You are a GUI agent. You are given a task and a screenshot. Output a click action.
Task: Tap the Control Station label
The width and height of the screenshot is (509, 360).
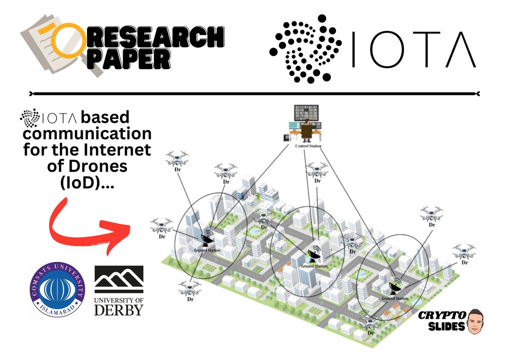click(308, 146)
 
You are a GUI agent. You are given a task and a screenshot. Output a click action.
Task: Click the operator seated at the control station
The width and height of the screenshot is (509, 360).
click(307, 130)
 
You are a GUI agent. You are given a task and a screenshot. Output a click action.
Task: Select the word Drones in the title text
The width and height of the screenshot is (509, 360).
click(103, 166)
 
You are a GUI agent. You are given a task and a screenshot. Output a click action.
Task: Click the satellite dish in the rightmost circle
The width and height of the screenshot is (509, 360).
click(394, 287)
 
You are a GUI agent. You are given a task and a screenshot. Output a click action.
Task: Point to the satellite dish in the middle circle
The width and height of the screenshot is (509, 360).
click(314, 254)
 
